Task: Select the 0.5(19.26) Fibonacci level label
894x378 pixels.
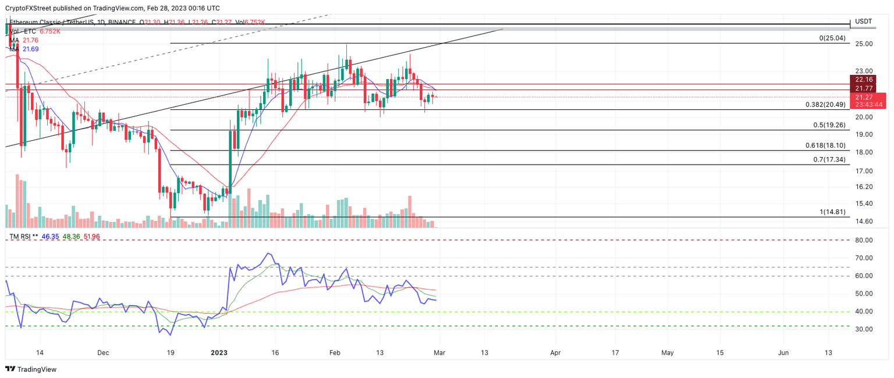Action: (x=829, y=125)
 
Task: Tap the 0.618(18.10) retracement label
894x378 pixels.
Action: (x=825, y=145)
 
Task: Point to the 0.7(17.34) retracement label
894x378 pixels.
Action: (x=829, y=159)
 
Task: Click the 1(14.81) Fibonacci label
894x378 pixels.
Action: (x=833, y=212)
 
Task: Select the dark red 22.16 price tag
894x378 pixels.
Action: (x=861, y=79)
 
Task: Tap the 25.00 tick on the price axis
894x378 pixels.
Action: (x=863, y=44)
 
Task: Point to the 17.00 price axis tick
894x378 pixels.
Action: (x=863, y=171)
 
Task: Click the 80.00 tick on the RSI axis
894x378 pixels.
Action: (x=863, y=240)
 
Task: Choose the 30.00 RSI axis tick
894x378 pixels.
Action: (x=863, y=329)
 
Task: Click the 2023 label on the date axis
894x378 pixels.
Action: (x=219, y=352)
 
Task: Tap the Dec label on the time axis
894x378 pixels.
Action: (x=103, y=352)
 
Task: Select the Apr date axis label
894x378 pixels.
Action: (x=556, y=352)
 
